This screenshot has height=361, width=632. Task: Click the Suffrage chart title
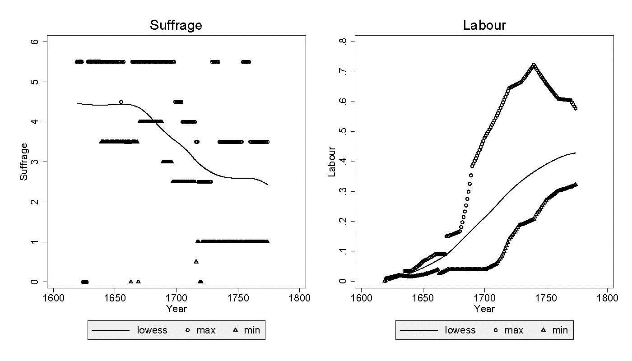click(x=176, y=25)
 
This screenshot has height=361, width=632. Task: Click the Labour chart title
click(x=484, y=25)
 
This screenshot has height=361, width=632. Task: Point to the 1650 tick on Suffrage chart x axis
click(x=115, y=298)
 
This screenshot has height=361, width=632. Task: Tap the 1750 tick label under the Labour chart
click(x=546, y=298)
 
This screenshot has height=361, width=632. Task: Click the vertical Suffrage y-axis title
click(x=23, y=162)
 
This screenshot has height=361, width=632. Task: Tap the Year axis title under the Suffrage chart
click(x=176, y=309)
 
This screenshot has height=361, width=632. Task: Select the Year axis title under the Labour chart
click(x=484, y=309)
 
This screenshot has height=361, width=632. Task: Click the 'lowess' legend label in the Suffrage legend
click(x=152, y=330)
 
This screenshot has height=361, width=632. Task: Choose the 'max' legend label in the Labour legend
click(x=514, y=330)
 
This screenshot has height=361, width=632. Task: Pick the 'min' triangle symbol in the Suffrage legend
click(x=235, y=330)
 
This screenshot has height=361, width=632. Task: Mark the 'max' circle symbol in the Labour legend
click(x=496, y=330)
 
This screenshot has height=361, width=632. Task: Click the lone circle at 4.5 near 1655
click(x=121, y=102)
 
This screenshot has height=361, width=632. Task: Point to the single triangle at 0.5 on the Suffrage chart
click(x=196, y=262)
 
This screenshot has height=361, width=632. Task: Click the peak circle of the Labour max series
click(x=534, y=65)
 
